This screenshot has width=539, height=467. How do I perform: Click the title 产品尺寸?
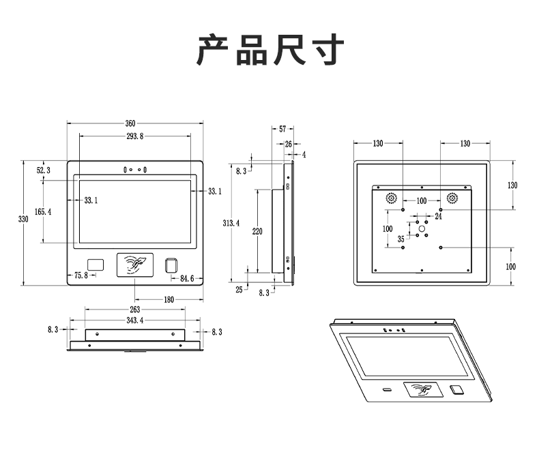coord(270,50)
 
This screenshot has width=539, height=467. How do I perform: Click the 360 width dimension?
coord(130,123)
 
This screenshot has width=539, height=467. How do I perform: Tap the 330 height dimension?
coord(23,219)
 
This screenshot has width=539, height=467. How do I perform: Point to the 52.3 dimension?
coord(43,170)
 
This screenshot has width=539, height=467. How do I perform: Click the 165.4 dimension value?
coord(42,212)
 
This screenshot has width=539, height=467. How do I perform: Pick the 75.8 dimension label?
coord(81,275)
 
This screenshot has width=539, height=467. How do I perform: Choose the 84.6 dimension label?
coord(187,278)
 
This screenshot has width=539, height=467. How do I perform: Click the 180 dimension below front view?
coord(168,299)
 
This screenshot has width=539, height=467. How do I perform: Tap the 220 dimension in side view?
coord(257,232)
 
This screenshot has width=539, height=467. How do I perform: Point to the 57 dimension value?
coord(282,129)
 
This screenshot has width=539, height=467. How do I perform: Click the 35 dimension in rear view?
coord(400,239)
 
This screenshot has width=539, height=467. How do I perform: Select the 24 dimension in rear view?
coord(438,216)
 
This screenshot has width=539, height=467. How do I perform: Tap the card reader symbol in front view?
coord(136,264)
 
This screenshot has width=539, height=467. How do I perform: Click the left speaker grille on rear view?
coord(392,198)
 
